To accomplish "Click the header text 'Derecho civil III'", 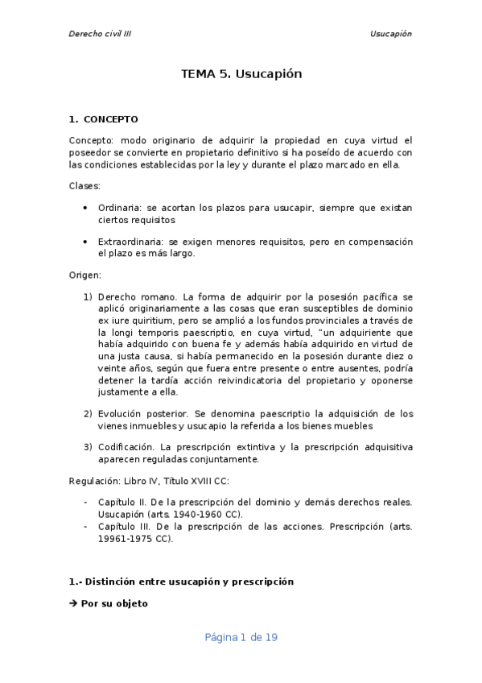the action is point(100,34).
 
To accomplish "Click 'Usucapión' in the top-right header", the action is point(390,34).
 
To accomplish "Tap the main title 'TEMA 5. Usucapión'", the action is point(241,74).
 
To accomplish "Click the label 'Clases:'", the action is point(84,186).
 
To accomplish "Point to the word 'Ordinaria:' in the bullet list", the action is point(121,208).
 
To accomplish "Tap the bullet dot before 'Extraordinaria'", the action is point(86,242).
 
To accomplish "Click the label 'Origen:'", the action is point(85,275).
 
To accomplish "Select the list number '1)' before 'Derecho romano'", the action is point(89,297).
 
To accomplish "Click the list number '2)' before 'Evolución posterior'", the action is point(89,413).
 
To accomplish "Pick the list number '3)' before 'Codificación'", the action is point(89,447).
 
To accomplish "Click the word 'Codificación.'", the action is point(126,447).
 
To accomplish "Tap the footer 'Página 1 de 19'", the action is point(241,637).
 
